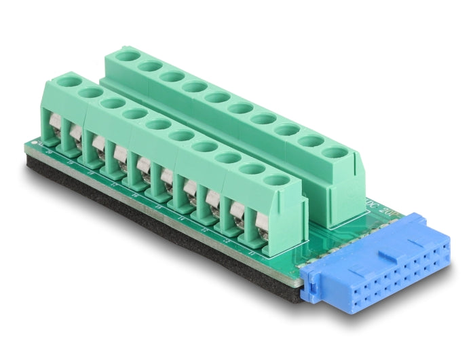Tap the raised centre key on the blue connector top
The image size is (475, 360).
[389, 255]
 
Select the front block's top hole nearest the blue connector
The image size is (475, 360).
[275, 181]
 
